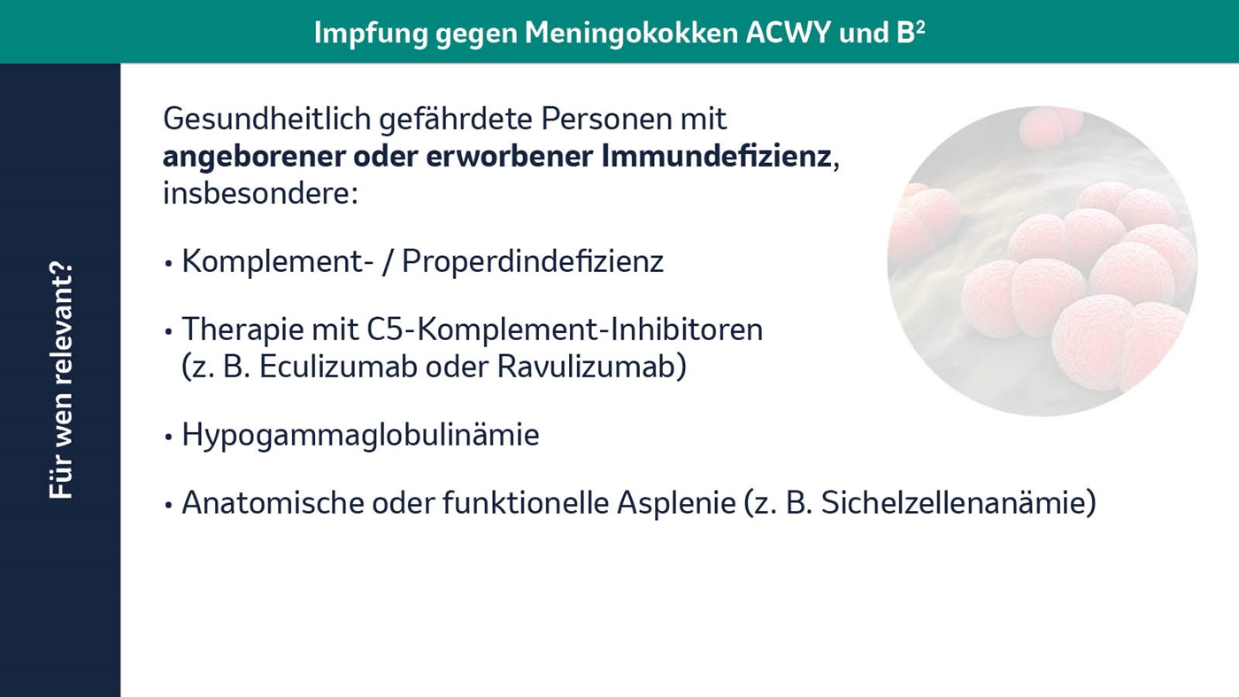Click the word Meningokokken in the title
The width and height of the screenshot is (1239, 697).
pyautogui.click(x=631, y=33)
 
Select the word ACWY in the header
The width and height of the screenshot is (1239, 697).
pyautogui.click(x=788, y=33)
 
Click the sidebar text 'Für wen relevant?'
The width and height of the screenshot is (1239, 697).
pyautogui.click(x=61, y=381)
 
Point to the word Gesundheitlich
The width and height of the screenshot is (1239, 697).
pyautogui.click(x=266, y=119)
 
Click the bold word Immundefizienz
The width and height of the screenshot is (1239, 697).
pyautogui.click(x=716, y=156)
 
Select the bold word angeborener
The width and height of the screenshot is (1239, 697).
pyautogui.click(x=254, y=157)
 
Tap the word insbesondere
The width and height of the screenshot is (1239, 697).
pyautogui.click(x=260, y=194)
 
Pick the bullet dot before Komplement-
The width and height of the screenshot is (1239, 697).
pyautogui.click(x=169, y=264)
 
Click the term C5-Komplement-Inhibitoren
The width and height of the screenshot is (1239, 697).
pyautogui.click(x=565, y=329)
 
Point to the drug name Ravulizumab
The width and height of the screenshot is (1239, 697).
pyautogui.click(x=587, y=367)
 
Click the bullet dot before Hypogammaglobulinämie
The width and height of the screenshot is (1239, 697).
pyautogui.click(x=169, y=437)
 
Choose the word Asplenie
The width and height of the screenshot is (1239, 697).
pyautogui.click(x=676, y=503)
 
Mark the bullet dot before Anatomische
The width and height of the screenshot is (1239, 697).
pyautogui.click(x=169, y=505)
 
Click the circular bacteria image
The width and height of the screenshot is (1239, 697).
pyautogui.click(x=1043, y=261)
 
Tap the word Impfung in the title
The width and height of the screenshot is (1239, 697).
pyautogui.click(x=371, y=34)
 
